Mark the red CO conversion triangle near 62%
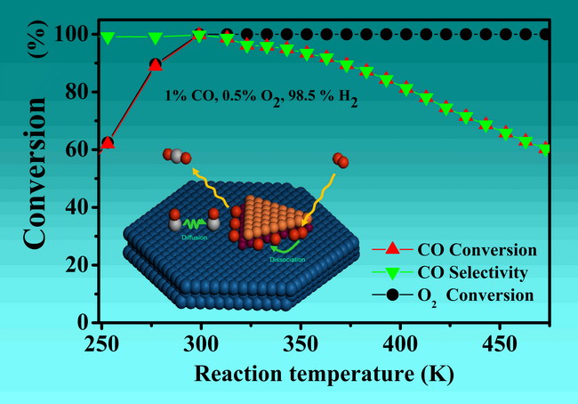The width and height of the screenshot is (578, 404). (108, 142)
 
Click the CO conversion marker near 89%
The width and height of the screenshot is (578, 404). (156, 64)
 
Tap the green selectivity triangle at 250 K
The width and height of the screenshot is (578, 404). (108, 37)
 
